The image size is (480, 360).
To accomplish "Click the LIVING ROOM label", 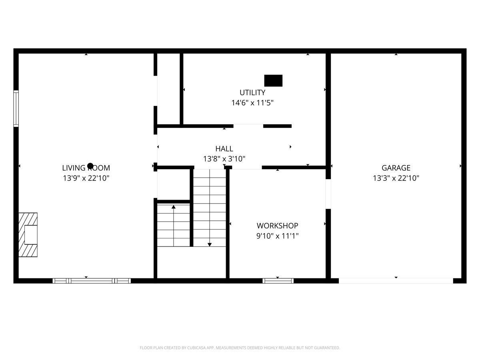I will point(86,168).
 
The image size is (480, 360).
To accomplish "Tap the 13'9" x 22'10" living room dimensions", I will point(86,178).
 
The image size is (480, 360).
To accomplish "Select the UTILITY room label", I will point(252,93).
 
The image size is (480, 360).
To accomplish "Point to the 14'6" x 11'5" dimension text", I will point(252,103).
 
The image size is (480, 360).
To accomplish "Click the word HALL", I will point(224,149).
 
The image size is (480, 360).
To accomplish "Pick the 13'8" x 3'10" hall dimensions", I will point(224,159).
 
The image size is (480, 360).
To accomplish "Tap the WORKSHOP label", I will point(277,226).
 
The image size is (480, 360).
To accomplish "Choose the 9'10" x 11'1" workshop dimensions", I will point(277,236).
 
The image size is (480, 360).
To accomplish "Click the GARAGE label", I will point(396,168).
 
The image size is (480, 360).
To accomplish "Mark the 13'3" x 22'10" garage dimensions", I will point(396,178).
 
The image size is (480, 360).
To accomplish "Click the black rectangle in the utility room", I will point(273,80).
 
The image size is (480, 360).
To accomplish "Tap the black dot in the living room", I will point(90,166).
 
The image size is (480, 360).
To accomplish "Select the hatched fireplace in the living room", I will point(28,235).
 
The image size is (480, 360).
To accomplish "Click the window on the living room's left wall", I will point(16,108).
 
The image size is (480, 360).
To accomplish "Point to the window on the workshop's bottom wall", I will point(278,281).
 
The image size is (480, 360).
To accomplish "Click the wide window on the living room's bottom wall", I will point(92,281).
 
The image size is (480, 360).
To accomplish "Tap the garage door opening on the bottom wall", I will point(396,281).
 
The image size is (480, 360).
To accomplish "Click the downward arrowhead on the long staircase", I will point(210,244).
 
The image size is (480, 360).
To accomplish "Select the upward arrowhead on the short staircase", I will point(174,207).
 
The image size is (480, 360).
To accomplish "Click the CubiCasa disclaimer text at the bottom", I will point(240,348).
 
